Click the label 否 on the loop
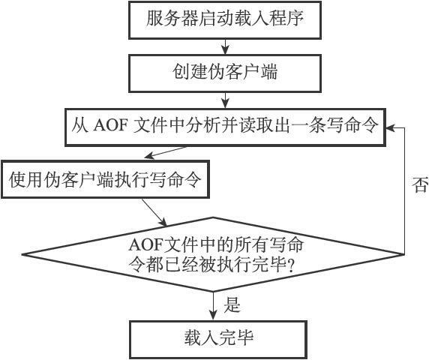click(x=420, y=184)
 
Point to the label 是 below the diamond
click(x=232, y=304)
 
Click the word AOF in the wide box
click(x=110, y=126)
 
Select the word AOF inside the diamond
click(x=145, y=244)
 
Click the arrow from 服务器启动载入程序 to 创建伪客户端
click(x=225, y=46)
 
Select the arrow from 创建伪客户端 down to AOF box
click(x=225, y=100)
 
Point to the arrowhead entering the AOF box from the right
click(x=390, y=127)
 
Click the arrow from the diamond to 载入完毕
click(x=213, y=306)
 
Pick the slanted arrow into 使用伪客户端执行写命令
click(x=165, y=153)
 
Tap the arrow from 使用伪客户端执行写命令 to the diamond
click(x=154, y=212)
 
